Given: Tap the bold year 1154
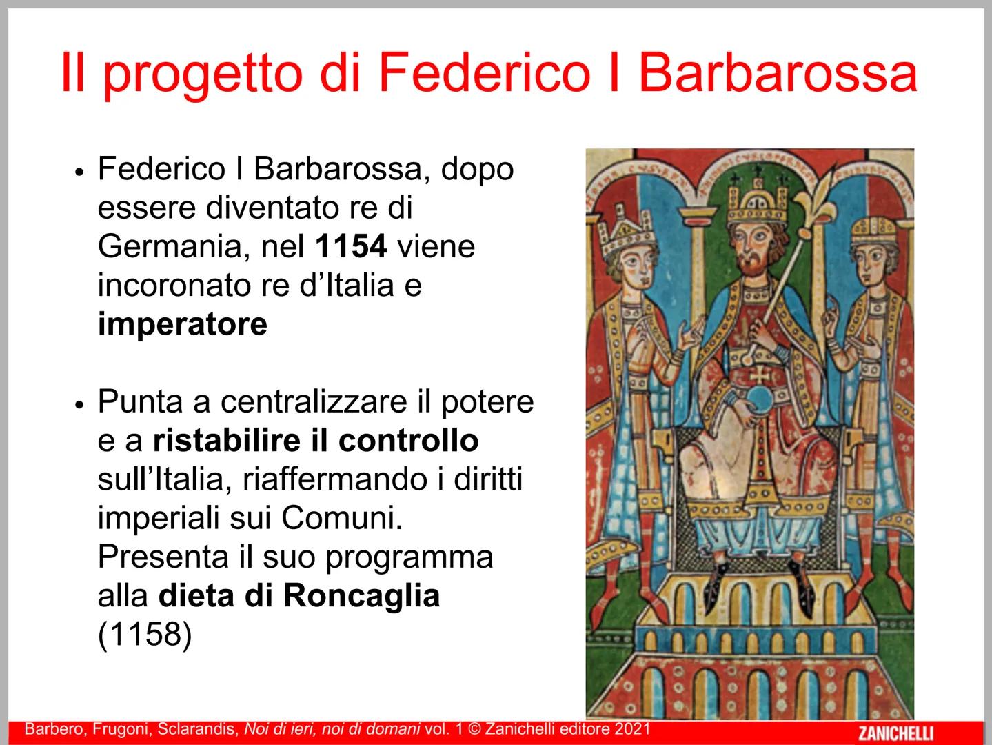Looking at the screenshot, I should tap(351, 246).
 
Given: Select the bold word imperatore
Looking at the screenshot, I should tap(182, 324).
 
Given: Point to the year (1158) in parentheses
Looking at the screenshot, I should tap(144, 635).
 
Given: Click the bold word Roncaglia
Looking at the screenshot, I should tap(361, 595).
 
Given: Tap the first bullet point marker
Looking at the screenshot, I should tap(79, 172).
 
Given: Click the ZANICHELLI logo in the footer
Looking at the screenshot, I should tap(895, 732).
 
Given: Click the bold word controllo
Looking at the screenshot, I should tap(408, 441).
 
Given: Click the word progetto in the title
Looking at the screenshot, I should tap(202, 73).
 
